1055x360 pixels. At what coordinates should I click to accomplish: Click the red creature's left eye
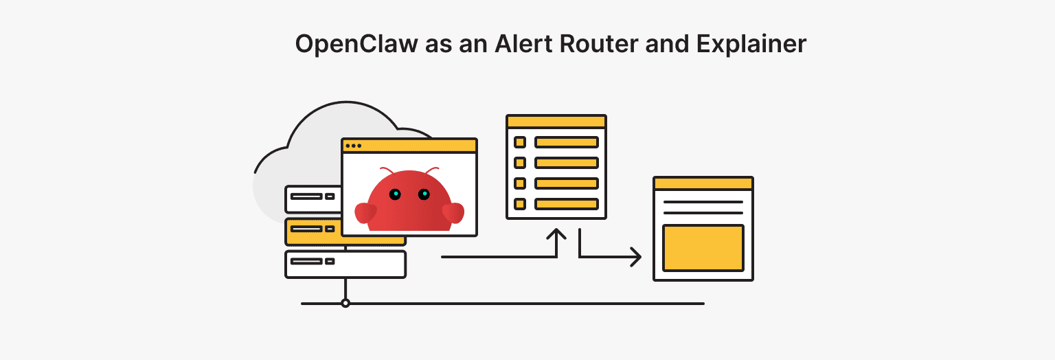pos(395,194)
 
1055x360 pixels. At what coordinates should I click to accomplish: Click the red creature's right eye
pos(424,194)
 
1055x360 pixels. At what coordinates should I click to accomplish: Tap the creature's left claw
pos(365,212)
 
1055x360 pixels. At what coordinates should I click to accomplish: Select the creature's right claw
pos(453,212)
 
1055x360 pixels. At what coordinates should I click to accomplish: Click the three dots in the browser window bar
pos(353,146)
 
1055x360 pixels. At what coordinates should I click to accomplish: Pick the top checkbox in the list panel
pos(520,142)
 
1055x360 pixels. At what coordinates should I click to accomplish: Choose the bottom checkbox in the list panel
pos(520,204)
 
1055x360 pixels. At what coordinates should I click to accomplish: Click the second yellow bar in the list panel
pos(567,163)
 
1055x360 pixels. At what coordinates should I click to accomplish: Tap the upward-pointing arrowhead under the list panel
pos(556,234)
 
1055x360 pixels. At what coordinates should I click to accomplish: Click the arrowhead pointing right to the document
pos(636,257)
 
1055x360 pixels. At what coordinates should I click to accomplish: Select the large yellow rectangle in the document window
pos(703,247)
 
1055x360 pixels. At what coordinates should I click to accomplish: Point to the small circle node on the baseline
pos(345,303)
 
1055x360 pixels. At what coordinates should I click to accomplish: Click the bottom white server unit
pos(345,265)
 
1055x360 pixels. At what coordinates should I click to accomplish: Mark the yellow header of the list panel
pos(556,122)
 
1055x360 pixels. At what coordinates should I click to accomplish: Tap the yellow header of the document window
pos(703,183)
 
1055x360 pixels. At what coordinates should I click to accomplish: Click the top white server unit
pos(313,199)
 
